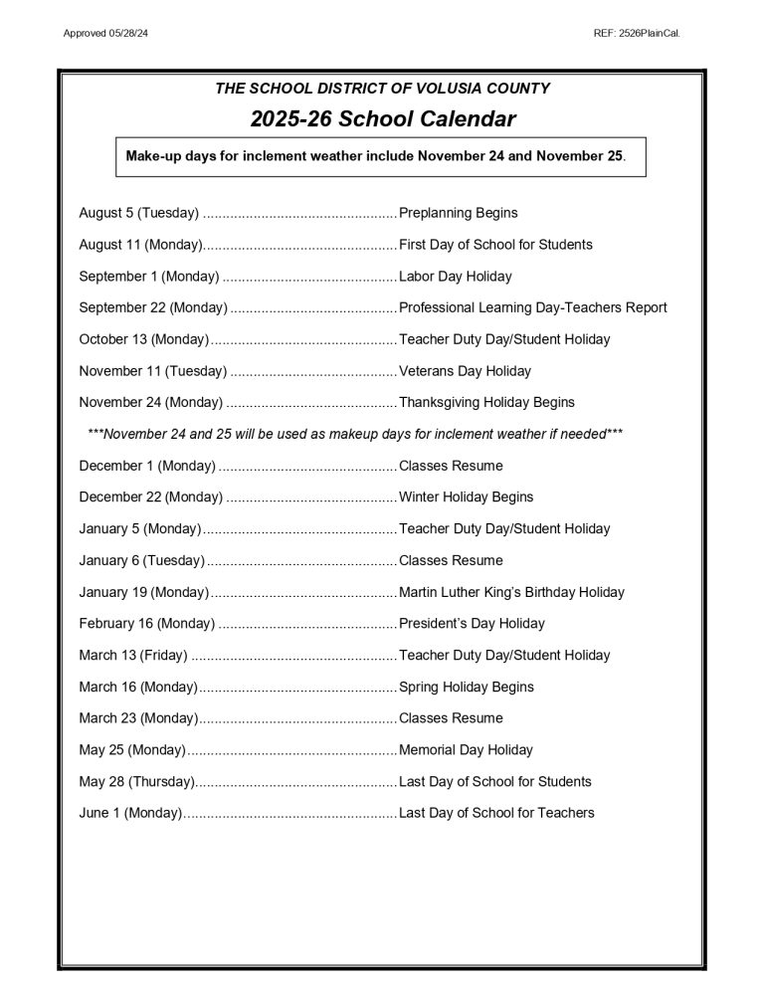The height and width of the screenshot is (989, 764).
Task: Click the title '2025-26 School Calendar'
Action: [x=382, y=119]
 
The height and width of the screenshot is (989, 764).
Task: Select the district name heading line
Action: [x=382, y=89]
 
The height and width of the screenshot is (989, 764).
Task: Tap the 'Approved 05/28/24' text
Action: [x=105, y=34]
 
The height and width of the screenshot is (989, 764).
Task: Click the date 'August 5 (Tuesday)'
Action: [x=139, y=213]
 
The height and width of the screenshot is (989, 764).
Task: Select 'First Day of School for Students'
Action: [x=495, y=245]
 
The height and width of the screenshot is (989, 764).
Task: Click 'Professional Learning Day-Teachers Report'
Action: [x=532, y=308]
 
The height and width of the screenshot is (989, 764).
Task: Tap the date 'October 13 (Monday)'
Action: [x=144, y=339]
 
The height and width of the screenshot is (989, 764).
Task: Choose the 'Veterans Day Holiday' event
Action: [x=465, y=371]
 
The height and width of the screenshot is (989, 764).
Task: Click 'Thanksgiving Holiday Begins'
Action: [x=486, y=403]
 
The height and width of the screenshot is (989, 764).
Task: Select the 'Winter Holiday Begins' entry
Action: [x=466, y=497]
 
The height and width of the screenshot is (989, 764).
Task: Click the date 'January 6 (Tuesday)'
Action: [x=141, y=560]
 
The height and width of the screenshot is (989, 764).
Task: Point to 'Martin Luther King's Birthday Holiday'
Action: [x=511, y=592]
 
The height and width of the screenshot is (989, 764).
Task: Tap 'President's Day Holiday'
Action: [x=472, y=624]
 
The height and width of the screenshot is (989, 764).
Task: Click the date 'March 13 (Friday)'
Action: [x=133, y=656]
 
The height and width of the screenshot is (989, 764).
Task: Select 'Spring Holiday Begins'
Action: [x=466, y=688]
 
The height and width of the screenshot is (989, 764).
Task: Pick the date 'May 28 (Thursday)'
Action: [x=136, y=782]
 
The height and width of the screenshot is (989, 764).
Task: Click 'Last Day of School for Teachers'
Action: [x=496, y=814]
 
